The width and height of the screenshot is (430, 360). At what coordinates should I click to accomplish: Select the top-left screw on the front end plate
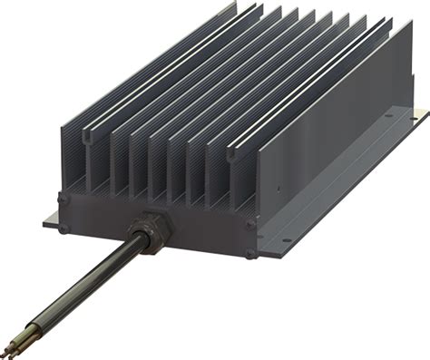click(x=63, y=197)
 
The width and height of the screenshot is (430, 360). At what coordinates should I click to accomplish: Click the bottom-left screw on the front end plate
click(x=63, y=228)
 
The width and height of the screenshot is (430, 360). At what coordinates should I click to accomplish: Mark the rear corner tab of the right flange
click(x=418, y=114)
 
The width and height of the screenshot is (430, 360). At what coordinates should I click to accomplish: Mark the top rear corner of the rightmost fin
click(x=389, y=24)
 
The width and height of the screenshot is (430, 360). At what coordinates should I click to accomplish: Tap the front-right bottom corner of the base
click(x=258, y=258)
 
